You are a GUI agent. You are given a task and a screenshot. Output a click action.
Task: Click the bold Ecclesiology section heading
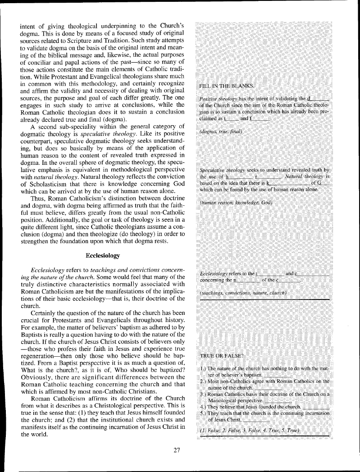point(103,256)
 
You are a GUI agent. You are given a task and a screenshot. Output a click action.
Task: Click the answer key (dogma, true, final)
point(221,132)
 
